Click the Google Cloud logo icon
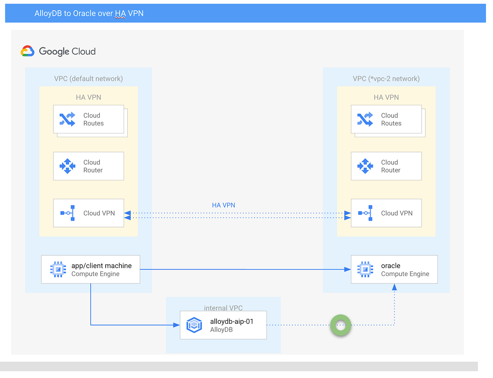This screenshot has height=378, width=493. point(27,51)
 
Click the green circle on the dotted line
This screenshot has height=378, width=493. point(341,325)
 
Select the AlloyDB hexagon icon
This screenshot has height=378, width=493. point(194,325)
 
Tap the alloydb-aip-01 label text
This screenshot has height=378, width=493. point(231,321)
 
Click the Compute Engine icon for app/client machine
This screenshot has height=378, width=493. point(58,269)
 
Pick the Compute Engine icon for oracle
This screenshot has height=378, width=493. point(365,269)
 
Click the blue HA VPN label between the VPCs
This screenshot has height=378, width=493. point(223,205)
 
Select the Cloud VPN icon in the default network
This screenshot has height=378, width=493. point(67,213)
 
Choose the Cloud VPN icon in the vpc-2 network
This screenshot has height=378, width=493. point(365,213)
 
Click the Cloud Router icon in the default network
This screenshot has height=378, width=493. point(67,166)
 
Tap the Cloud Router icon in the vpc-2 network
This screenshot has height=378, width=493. point(365,166)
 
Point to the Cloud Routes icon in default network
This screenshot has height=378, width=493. point(67,119)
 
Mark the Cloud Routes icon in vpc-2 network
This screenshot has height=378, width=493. point(365,119)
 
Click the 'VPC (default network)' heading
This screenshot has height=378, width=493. point(88,78)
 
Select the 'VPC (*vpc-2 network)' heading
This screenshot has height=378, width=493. point(386,78)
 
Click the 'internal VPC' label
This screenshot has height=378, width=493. point(223,308)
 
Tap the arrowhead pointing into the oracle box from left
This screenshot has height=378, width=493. point(348,270)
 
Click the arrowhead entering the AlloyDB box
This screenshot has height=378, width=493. point(177,325)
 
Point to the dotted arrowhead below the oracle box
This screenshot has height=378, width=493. point(394,287)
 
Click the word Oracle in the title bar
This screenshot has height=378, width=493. point(84,13)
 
